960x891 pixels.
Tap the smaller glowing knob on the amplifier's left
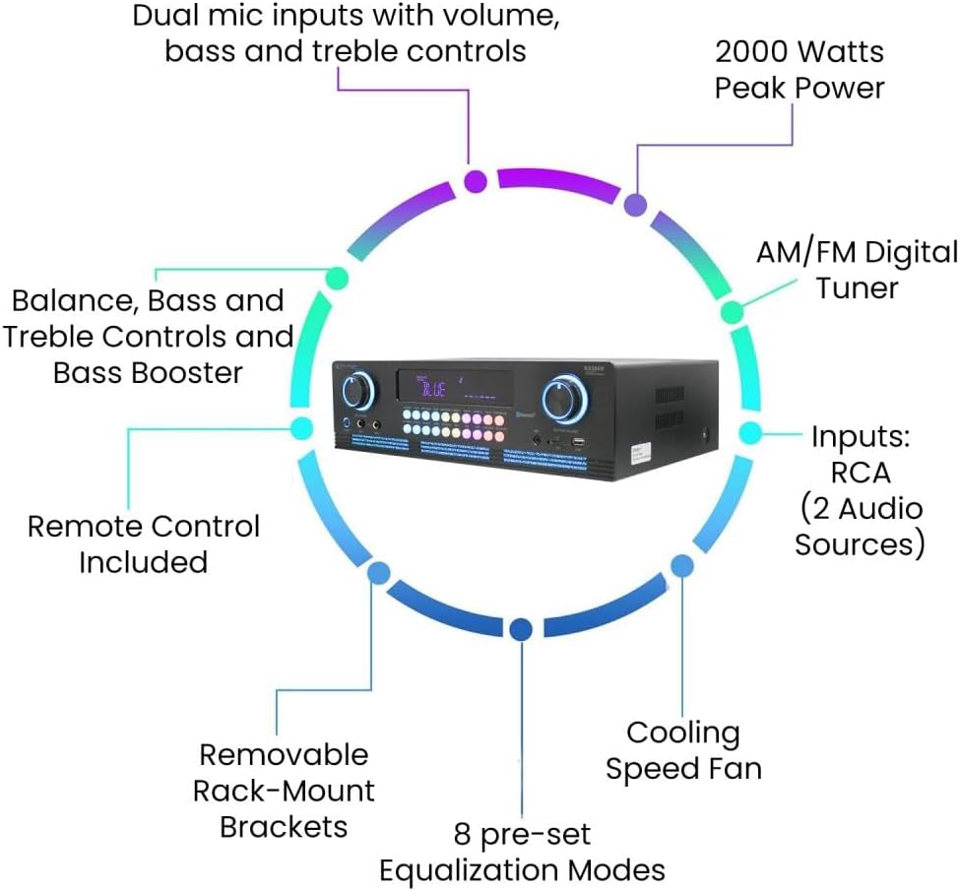pos(359,391)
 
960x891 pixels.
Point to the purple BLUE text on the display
pos(433,391)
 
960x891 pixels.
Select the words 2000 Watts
pos(799,51)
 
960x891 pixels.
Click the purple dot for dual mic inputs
pos(476,181)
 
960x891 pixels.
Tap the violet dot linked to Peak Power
pos(636,205)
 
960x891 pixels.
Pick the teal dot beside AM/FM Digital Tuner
pos(733,312)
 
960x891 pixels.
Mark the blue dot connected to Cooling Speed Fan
pos(681,564)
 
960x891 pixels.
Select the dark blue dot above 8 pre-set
pos(522,628)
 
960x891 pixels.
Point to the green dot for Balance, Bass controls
pos(336,278)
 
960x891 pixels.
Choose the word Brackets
pos(284,826)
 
